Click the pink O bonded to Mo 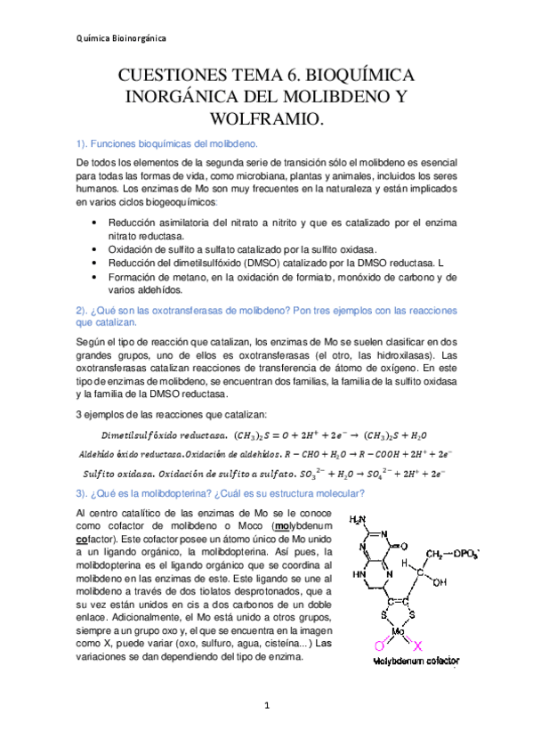[x=378, y=644]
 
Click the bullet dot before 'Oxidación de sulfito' [x=96, y=252]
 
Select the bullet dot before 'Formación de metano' [x=96, y=278]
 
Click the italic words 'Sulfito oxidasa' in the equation [x=120, y=473]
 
